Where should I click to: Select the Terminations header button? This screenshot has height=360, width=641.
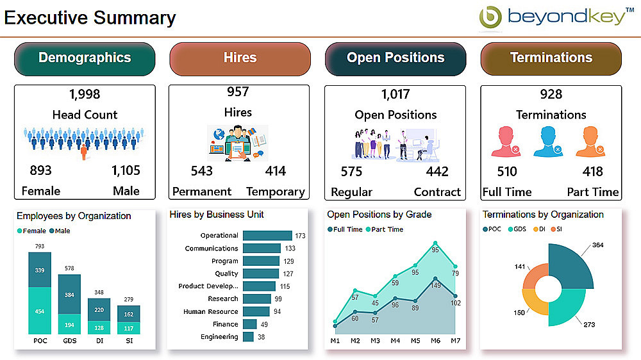(551, 58)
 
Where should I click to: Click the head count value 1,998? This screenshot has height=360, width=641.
(85, 94)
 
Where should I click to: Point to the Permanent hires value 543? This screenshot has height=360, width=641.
(202, 171)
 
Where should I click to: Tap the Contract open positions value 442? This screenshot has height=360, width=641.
(437, 172)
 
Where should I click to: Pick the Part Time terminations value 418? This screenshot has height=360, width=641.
(592, 172)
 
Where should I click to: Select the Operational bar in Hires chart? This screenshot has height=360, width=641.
(267, 236)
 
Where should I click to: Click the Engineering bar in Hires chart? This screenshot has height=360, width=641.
(248, 337)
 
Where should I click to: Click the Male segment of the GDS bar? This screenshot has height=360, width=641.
(69, 295)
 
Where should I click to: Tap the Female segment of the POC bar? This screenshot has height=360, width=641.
(40, 311)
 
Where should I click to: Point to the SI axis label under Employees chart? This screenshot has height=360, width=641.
(129, 341)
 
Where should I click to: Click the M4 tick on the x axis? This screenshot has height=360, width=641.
(395, 341)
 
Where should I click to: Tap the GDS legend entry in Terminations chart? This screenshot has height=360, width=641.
(519, 229)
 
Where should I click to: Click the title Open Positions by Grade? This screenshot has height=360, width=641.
(379, 215)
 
